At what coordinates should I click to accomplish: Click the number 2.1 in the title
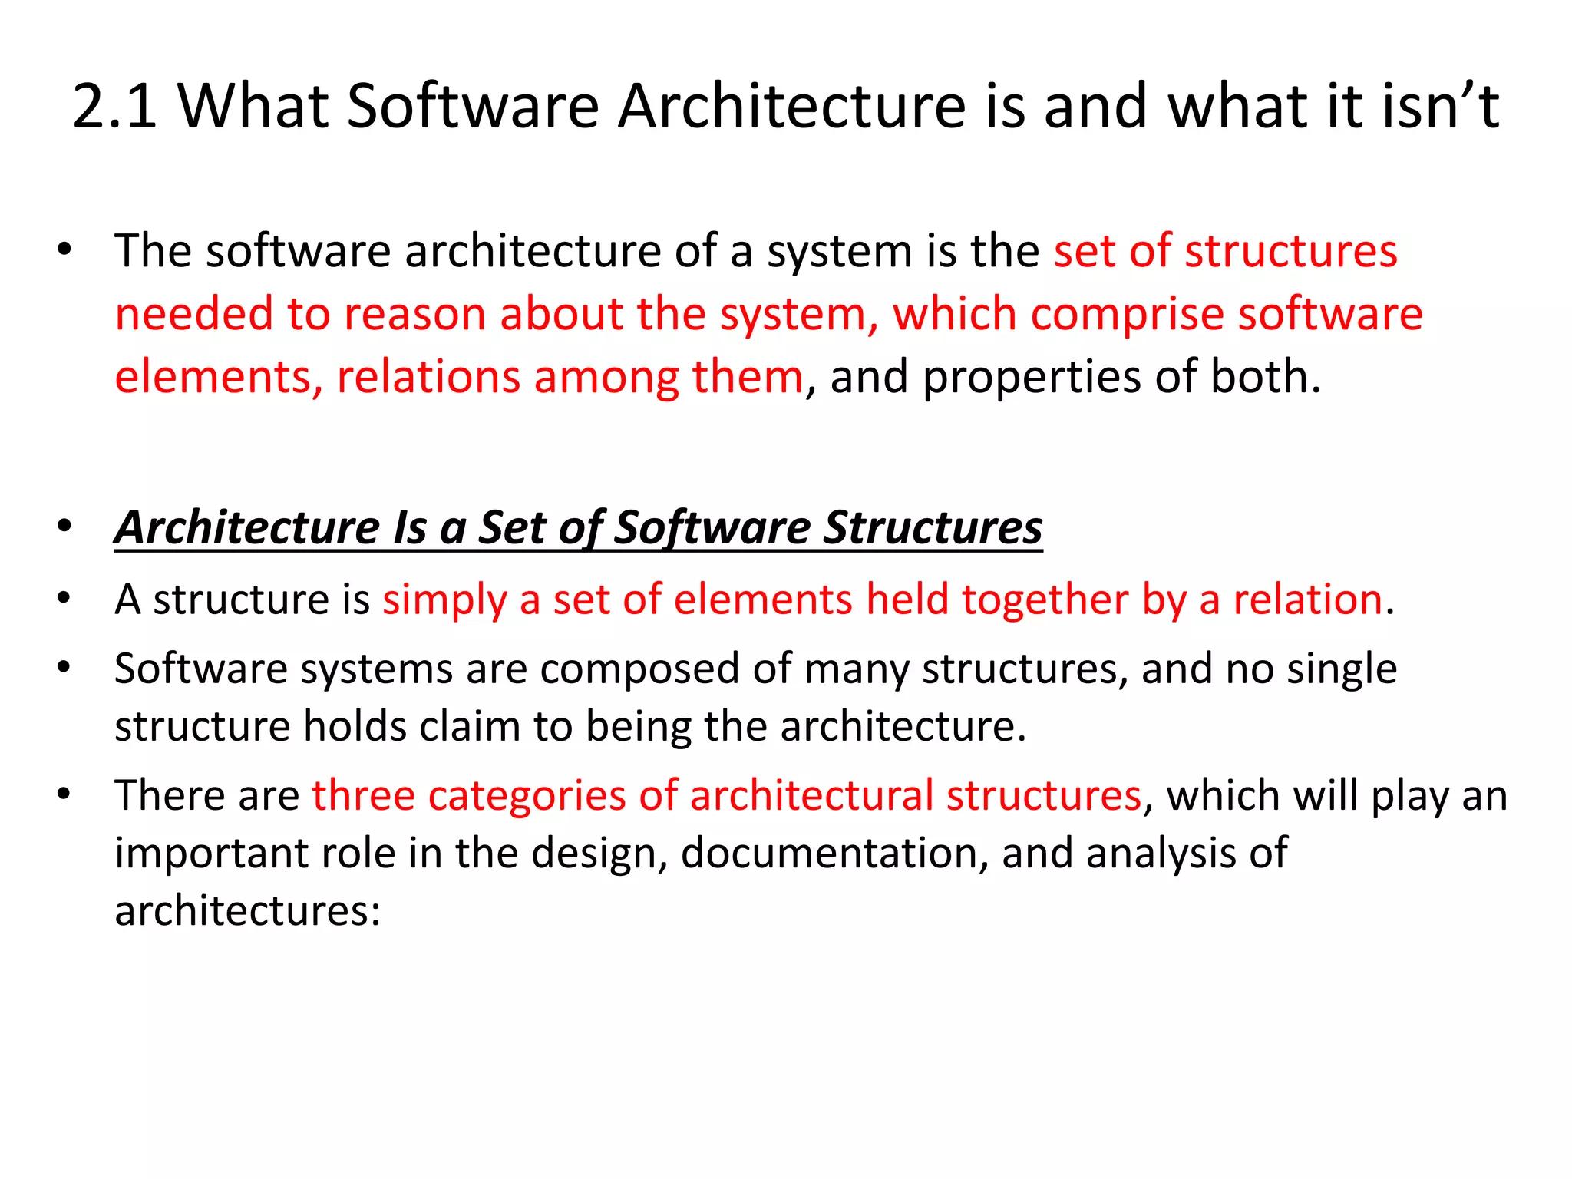coord(115,106)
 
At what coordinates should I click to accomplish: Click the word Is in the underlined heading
coord(409,527)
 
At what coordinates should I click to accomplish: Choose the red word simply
coord(444,599)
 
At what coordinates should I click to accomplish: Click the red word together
coord(1045,599)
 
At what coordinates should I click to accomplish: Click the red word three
coord(363,795)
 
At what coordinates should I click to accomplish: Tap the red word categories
coord(527,795)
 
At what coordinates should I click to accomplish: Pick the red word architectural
coord(811,795)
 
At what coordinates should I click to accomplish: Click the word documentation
coord(834,853)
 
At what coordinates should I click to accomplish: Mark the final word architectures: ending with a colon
coord(247,911)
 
